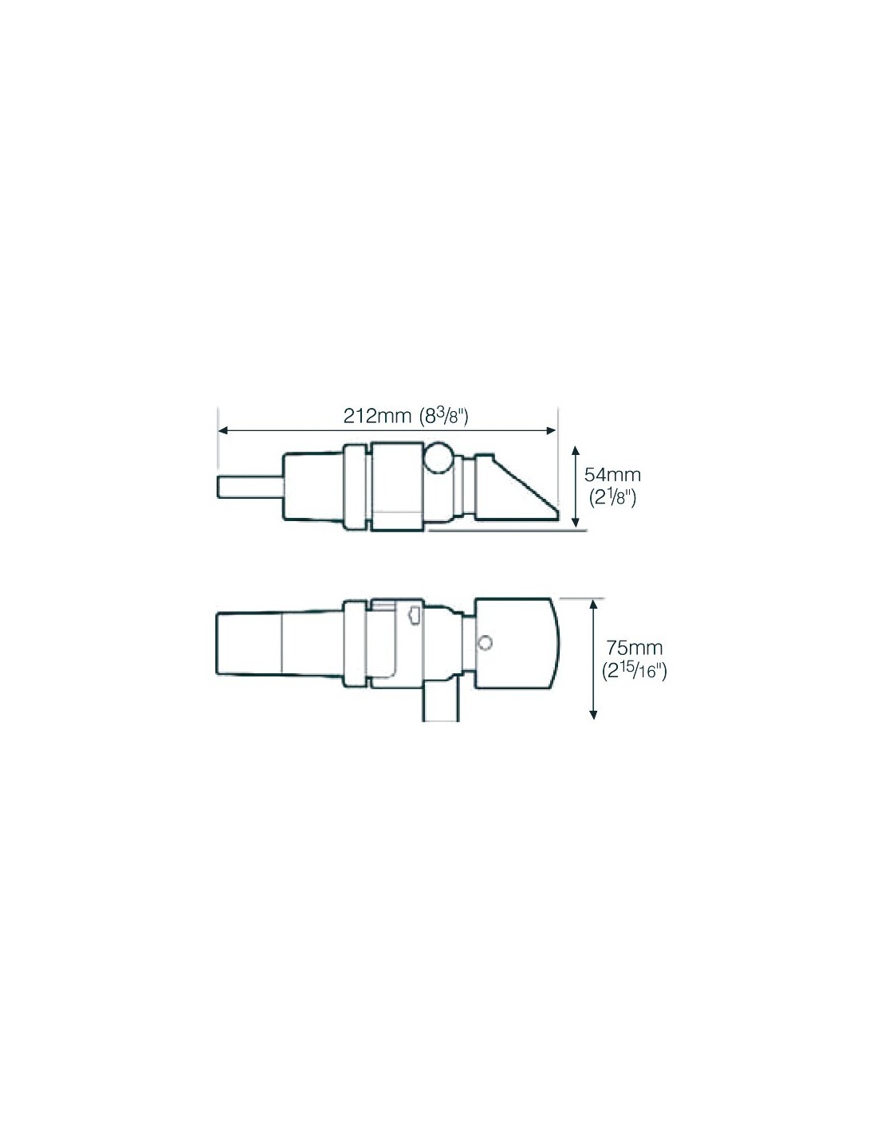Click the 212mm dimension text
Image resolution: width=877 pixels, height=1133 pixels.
pyautogui.click(x=373, y=416)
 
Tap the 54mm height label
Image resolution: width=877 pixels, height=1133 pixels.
pyautogui.click(x=612, y=474)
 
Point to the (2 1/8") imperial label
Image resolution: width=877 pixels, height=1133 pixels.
pyautogui.click(x=612, y=498)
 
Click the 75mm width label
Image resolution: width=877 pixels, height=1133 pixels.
pyautogui.click(x=633, y=648)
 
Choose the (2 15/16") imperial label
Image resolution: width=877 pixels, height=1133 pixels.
pyautogui.click(x=633, y=671)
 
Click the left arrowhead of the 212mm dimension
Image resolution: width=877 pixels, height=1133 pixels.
pyautogui.click(x=222, y=430)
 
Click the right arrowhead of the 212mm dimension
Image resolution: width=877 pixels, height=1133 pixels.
pyautogui.click(x=551, y=430)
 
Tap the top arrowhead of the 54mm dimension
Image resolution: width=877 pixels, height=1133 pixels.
pyautogui.click(x=576, y=452)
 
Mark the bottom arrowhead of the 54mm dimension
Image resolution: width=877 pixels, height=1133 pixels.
pyautogui.click(x=576, y=522)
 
